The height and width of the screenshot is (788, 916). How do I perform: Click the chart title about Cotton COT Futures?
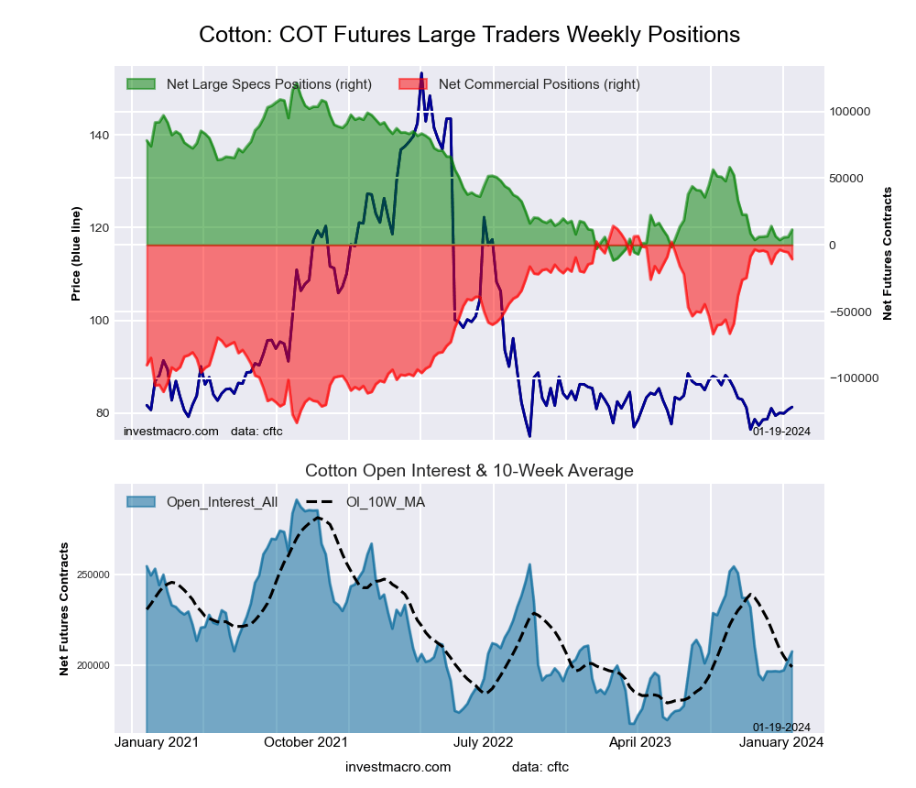(469, 35)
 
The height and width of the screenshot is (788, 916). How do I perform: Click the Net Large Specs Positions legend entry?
(268, 84)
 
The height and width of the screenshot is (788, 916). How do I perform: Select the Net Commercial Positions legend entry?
(539, 84)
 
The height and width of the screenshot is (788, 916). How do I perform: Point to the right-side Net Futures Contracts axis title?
(887, 254)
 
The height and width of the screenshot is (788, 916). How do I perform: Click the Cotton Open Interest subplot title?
(469, 471)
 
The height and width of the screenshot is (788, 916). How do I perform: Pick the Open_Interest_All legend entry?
(222, 502)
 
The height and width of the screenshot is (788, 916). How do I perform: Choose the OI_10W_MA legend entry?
(385, 502)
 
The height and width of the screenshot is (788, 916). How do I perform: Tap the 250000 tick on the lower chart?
(90, 575)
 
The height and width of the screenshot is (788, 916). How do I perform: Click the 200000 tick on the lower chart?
(90, 665)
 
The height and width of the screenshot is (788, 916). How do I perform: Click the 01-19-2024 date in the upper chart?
(781, 432)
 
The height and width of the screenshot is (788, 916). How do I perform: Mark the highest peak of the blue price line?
(421, 73)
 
